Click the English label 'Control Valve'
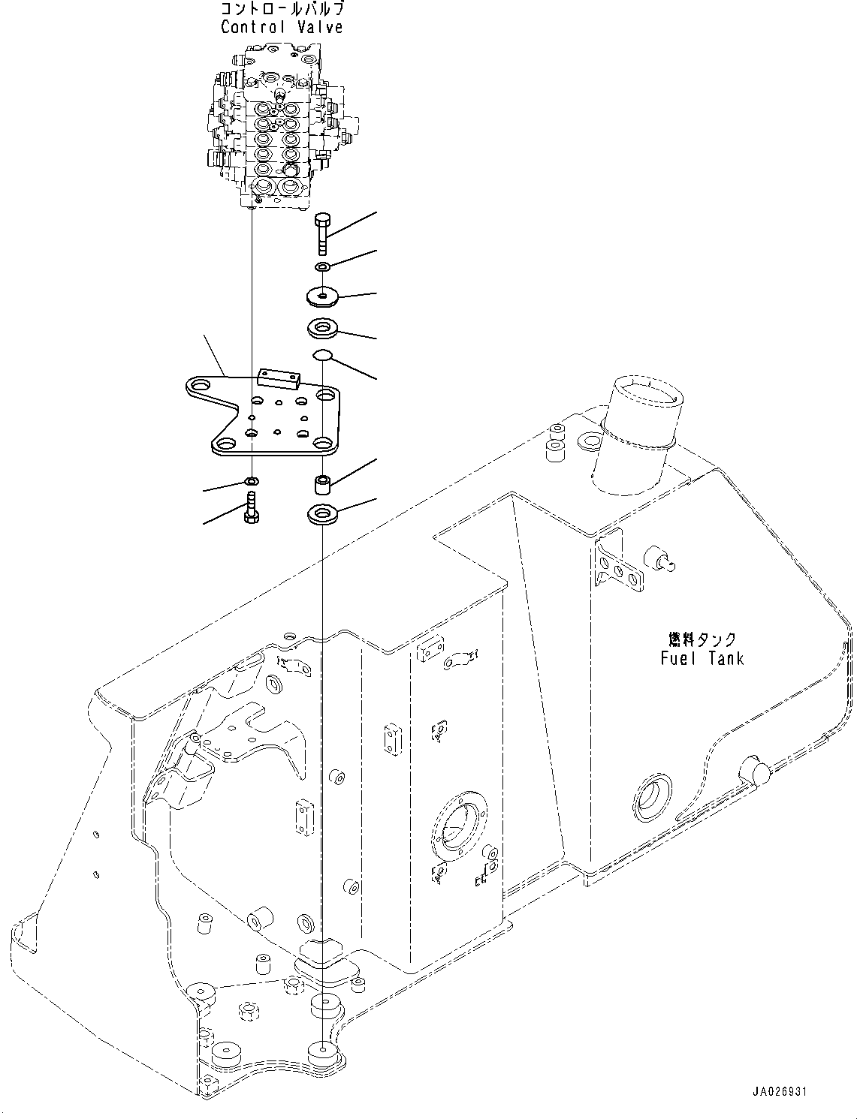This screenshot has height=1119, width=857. pyautogui.click(x=282, y=27)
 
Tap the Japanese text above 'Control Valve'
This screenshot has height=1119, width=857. pyautogui.click(x=282, y=10)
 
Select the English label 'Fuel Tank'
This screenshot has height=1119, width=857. pyautogui.click(x=702, y=658)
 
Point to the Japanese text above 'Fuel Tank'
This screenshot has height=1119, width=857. pyautogui.click(x=702, y=639)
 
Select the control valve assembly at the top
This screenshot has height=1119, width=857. pyautogui.click(x=278, y=124)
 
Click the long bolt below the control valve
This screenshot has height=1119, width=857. pyautogui.click(x=322, y=233)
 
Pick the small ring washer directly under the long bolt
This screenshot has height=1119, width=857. pyautogui.click(x=323, y=267)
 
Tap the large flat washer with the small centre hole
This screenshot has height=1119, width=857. pyautogui.click(x=323, y=297)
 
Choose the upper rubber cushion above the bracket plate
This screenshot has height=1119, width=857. pyautogui.click(x=322, y=327)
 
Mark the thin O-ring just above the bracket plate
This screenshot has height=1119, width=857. pyautogui.click(x=322, y=354)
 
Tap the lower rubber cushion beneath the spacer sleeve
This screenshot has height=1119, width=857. pyautogui.click(x=323, y=515)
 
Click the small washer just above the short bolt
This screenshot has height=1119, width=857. pyautogui.click(x=252, y=480)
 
